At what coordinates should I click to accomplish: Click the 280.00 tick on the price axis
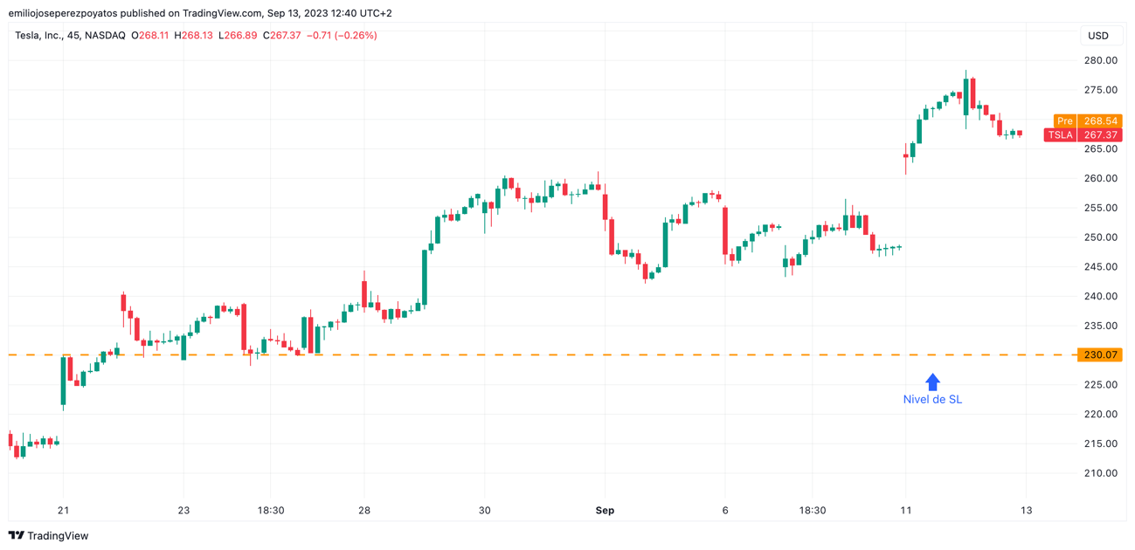pos(1100,60)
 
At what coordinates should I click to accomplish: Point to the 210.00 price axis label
pos(1100,473)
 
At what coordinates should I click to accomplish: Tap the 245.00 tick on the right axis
pos(1100,267)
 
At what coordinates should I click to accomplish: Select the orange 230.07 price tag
pos(1100,355)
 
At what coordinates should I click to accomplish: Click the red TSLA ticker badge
pos(1060,135)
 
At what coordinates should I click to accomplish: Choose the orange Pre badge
pos(1063,121)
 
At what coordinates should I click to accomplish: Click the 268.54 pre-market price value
pos(1100,121)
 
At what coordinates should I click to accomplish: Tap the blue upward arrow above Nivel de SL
pos(932,382)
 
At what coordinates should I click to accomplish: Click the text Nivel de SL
pos(932,399)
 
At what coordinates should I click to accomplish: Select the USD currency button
pos(1098,36)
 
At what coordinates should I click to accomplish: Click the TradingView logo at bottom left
pos(49,536)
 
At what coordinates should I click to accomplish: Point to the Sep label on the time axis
pos(605,511)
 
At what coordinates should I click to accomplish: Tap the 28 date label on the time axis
pos(364,511)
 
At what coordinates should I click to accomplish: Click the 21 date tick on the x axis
pos(63,511)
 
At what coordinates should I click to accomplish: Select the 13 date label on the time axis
pos(1026,511)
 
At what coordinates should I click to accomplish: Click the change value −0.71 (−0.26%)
pos(342,36)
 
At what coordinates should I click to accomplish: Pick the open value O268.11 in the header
pos(150,36)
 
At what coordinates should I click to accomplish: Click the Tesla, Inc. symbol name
pos(38,36)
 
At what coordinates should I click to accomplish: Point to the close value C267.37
pos(282,36)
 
